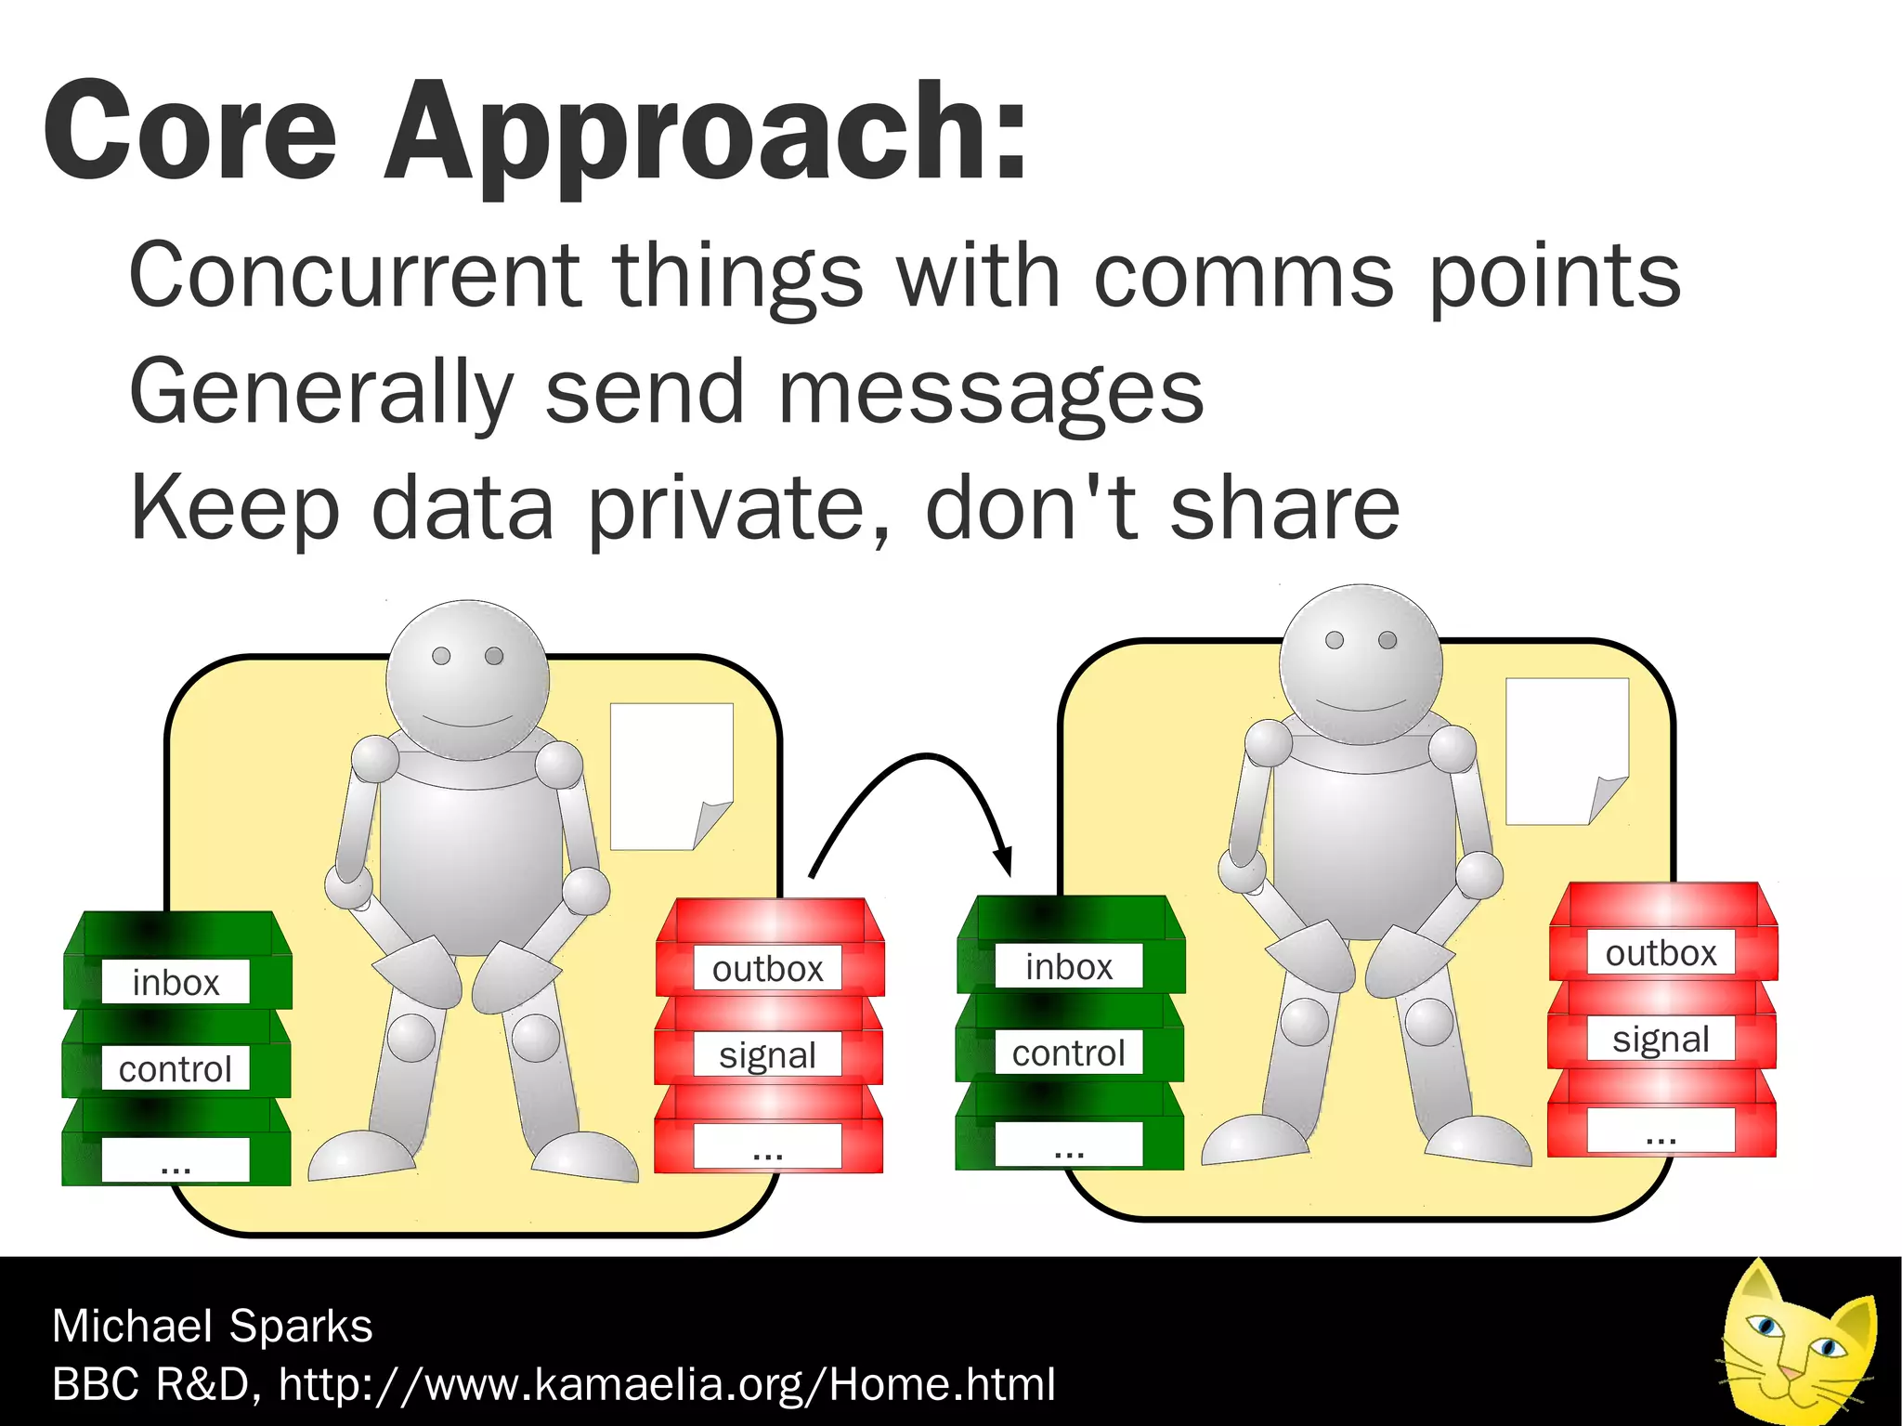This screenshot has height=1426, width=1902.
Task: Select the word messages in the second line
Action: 990,393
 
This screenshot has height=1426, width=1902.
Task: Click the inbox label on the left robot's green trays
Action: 176,983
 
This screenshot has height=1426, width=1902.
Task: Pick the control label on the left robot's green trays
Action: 176,1069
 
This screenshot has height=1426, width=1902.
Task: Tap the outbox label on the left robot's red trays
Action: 768,969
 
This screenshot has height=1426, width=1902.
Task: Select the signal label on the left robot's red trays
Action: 768,1055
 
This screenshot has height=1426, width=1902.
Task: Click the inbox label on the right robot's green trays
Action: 1069,967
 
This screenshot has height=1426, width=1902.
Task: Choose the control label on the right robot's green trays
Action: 1069,1053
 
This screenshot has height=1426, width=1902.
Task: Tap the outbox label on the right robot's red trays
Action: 1661,953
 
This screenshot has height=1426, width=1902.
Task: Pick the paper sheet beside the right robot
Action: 1564,748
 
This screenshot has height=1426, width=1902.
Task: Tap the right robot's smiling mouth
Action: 1361,705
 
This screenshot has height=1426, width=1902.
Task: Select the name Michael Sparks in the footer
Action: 213,1326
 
